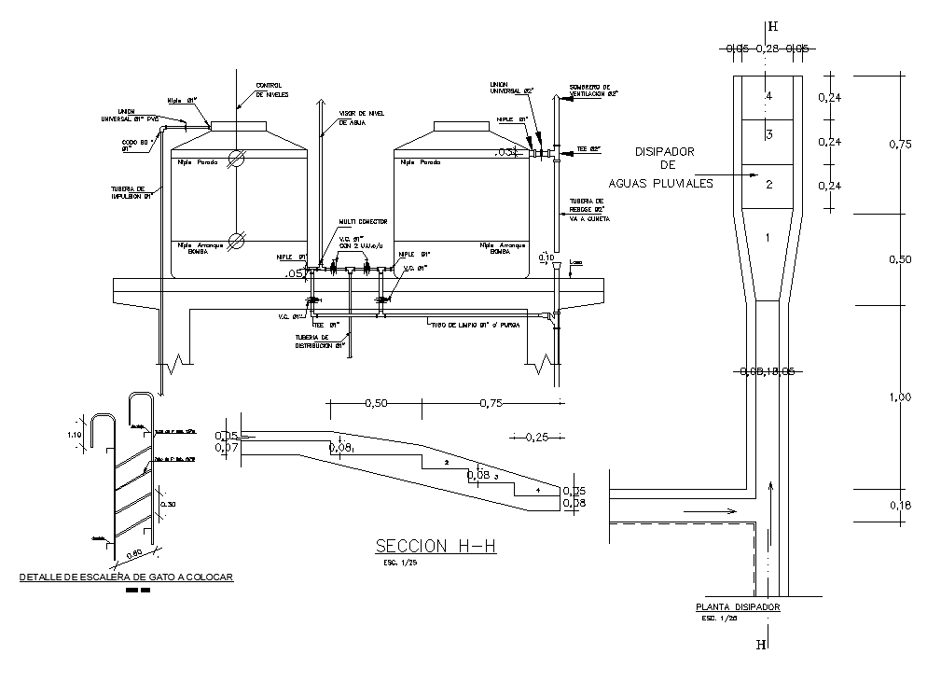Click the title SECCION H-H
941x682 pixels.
click(x=435, y=546)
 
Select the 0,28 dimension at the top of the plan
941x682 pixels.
click(x=767, y=49)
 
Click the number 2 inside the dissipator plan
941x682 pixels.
click(x=768, y=185)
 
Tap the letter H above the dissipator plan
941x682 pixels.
click(x=771, y=26)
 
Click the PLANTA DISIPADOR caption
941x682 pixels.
click(x=731, y=607)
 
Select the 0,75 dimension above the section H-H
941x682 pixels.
click(x=494, y=403)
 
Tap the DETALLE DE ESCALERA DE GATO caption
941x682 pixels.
click(x=127, y=578)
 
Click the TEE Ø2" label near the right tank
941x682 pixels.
click(x=588, y=148)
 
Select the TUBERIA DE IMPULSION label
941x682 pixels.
click(x=130, y=192)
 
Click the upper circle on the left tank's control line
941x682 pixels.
click(x=237, y=159)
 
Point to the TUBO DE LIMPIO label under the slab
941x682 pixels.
click(x=473, y=325)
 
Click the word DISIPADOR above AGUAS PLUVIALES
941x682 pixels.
click(x=665, y=151)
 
